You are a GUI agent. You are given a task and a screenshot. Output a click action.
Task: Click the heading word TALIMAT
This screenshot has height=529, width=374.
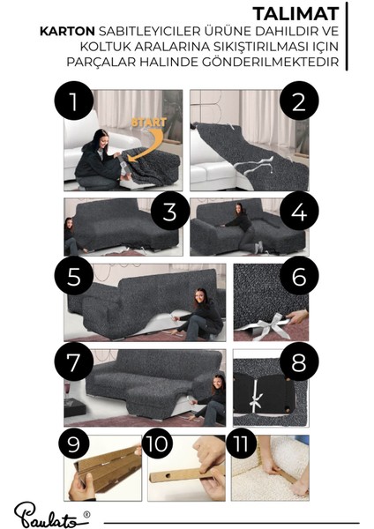(295, 14)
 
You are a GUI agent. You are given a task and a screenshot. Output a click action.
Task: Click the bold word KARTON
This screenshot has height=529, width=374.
(67, 32)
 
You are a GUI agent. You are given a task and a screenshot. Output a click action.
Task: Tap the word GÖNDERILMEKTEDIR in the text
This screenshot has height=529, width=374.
(258, 62)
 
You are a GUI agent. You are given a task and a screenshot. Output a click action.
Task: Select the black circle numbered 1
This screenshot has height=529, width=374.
(74, 101)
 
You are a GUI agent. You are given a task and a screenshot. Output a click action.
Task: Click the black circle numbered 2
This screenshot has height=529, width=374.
(299, 101)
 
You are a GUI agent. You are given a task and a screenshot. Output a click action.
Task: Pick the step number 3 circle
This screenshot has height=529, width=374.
(170, 211)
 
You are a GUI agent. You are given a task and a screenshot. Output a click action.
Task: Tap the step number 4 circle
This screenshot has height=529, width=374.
(299, 211)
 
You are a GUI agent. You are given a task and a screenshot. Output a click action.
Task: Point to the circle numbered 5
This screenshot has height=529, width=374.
(74, 276)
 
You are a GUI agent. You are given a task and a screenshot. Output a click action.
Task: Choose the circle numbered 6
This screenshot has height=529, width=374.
(299, 276)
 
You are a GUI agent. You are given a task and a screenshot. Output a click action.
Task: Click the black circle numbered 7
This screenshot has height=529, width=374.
(74, 361)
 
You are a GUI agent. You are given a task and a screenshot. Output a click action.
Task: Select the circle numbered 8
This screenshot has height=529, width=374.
(299, 361)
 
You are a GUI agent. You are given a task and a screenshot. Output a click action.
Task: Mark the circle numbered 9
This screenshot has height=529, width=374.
(74, 443)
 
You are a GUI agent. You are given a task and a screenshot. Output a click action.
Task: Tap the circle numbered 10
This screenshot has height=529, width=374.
(157, 443)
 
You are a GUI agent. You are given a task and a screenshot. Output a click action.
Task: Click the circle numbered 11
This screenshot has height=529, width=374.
(241, 443)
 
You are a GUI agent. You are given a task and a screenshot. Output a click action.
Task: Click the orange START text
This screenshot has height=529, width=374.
(149, 123)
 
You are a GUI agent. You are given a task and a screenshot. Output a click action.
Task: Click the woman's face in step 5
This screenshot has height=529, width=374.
(200, 297)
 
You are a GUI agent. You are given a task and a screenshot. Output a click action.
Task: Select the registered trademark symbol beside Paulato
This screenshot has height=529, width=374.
(86, 514)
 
